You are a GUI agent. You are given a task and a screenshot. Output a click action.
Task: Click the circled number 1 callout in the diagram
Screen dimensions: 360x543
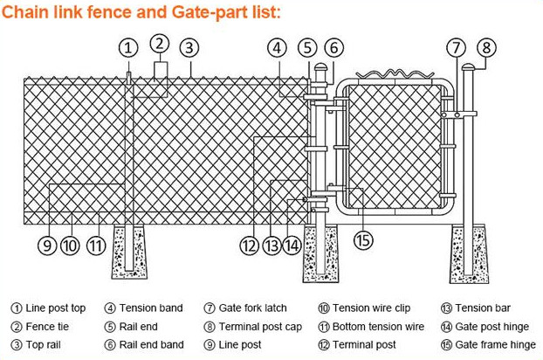128,48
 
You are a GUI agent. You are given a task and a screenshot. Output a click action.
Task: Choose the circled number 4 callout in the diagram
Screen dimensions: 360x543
277,48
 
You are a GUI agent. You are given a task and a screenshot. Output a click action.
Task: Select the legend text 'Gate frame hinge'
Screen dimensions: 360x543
495,344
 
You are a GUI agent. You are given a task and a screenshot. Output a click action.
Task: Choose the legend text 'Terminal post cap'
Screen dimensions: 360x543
258,326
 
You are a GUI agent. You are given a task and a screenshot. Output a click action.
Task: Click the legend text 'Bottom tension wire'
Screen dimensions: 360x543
378,326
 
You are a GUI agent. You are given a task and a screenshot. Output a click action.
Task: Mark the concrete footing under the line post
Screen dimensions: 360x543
134,253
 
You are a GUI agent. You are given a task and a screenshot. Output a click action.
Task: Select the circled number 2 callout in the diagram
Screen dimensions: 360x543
159,42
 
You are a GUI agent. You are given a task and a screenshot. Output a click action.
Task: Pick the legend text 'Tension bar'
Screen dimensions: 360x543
482,308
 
